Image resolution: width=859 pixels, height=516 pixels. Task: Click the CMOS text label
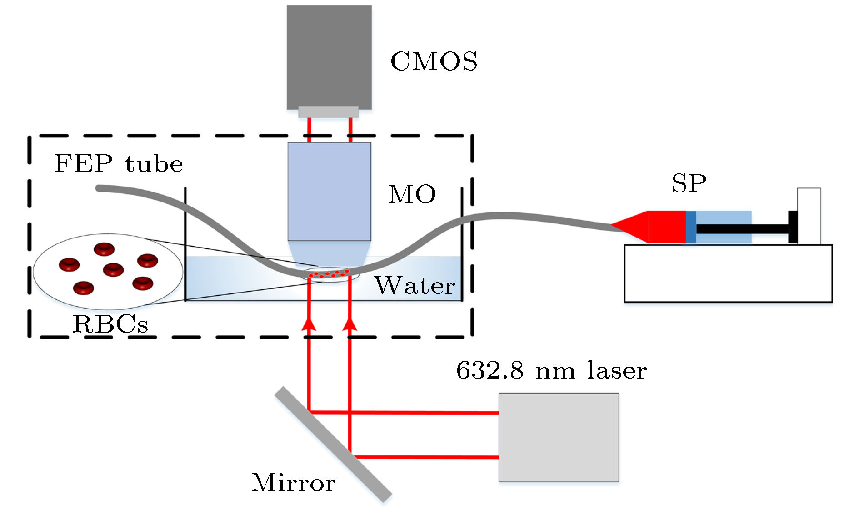click(x=434, y=61)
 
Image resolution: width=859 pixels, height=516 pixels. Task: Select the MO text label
click(x=412, y=195)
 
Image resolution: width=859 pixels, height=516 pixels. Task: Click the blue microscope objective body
click(x=329, y=191)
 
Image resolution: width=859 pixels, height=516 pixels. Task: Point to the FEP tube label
click(x=118, y=164)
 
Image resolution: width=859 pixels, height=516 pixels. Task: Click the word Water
click(x=415, y=286)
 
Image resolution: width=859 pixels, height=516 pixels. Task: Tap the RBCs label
click(x=110, y=324)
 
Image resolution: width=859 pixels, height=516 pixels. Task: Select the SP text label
click(x=689, y=184)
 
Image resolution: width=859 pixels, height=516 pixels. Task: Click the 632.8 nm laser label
click(x=551, y=370)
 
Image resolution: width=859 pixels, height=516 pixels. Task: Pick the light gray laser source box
click(x=559, y=437)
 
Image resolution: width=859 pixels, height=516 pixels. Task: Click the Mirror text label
click(x=293, y=483)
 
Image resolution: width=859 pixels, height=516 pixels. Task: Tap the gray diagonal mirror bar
click(x=333, y=444)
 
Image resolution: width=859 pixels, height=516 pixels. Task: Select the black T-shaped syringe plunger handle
click(x=792, y=227)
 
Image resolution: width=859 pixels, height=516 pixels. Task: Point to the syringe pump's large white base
click(x=728, y=273)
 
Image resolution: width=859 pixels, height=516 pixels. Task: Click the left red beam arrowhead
click(x=309, y=324)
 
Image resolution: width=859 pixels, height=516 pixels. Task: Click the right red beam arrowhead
click(x=350, y=324)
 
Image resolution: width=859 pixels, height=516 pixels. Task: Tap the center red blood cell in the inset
click(x=113, y=269)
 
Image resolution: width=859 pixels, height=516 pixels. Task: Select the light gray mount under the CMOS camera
click(x=328, y=112)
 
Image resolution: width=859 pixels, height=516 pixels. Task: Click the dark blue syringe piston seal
click(x=690, y=227)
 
